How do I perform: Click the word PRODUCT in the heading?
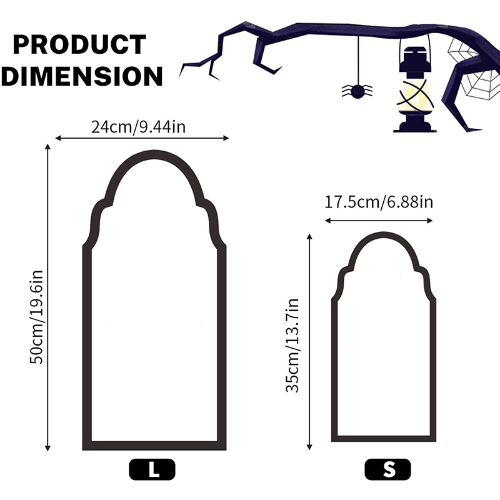coord(79,44)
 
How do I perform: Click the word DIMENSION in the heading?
coord(82,76)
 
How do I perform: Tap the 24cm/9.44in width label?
coord(138,127)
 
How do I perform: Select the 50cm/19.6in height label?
coord(36,317)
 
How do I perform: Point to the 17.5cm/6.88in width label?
coord(379,202)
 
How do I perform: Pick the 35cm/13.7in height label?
coord(292,346)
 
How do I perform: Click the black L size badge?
coord(152,469)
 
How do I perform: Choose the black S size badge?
coord(387,469)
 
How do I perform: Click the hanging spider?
coord(357,91)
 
